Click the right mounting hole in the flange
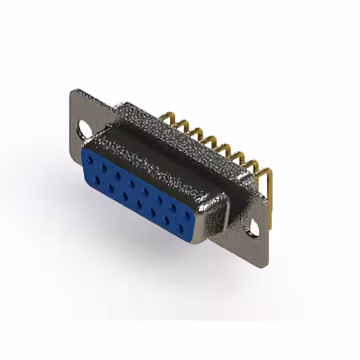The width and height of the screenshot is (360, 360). pyautogui.click(x=255, y=228)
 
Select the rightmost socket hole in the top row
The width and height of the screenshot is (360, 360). pyautogui.click(x=187, y=216)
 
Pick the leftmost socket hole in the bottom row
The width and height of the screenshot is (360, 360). pyautogui.click(x=97, y=181)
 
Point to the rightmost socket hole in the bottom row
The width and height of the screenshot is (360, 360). pyautogui.click(x=180, y=229)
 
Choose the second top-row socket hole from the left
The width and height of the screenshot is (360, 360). pyautogui.click(x=104, y=168)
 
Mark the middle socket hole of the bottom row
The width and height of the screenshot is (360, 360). pyautogui.click(x=139, y=204)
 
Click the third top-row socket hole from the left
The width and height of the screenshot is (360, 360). pyautogui.click(x=118, y=175)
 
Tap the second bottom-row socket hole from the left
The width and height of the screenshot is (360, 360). pyautogui.click(x=111, y=188)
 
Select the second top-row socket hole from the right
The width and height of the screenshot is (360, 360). pyautogui.click(x=173, y=208)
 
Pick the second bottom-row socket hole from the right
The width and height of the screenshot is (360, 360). pyautogui.click(x=167, y=220)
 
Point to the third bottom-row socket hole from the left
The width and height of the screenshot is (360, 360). pyautogui.click(x=125, y=197)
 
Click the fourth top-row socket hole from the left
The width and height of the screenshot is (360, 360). pyautogui.click(x=132, y=184)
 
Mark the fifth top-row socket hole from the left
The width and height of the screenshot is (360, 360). pyautogui.click(x=146, y=192)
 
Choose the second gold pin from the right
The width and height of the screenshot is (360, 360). pyautogui.click(x=254, y=163)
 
